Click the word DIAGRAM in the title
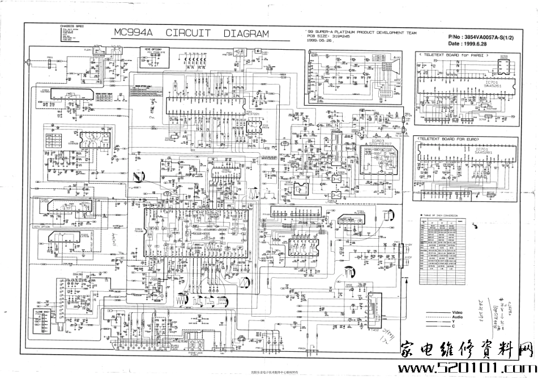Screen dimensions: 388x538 (x=246, y=33)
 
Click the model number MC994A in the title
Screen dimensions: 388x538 (x=135, y=33)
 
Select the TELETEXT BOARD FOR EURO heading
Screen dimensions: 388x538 (x=453, y=138)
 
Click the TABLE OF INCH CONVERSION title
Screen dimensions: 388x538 (x=447, y=215)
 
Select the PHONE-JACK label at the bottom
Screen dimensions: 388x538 (x=195, y=351)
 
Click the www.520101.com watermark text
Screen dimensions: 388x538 (x=464, y=368)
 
